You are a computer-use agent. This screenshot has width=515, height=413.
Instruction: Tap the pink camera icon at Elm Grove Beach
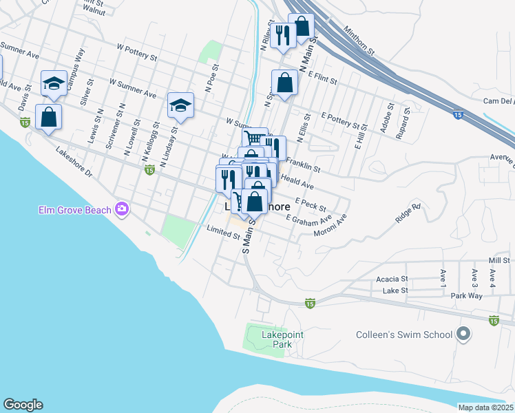[x=123, y=208]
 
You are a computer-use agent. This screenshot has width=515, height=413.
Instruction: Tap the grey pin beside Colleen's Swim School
[x=463, y=335]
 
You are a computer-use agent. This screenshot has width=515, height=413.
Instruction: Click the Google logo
[x=23, y=405]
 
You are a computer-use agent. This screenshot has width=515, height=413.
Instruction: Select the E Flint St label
[x=323, y=77]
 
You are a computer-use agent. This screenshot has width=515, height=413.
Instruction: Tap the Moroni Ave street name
[x=329, y=227]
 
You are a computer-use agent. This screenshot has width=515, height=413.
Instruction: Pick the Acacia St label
[x=392, y=279]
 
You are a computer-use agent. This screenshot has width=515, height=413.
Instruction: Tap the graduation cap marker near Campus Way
[x=53, y=83]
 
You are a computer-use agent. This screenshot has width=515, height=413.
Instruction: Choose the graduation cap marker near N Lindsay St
[x=180, y=105]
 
